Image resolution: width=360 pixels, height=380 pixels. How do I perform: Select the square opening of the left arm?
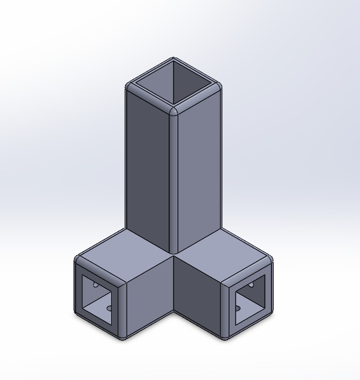(x=100, y=299)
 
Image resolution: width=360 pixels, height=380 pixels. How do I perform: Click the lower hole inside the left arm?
(x=109, y=308)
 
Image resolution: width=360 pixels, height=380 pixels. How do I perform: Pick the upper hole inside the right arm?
(x=252, y=285)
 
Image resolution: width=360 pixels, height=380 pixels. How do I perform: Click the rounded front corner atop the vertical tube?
(x=174, y=111)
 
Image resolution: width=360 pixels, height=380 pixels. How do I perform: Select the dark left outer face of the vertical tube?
(x=147, y=166)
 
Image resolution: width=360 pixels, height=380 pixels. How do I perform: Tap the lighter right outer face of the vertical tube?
(x=199, y=166)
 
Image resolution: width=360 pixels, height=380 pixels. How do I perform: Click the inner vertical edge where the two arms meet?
(x=174, y=288)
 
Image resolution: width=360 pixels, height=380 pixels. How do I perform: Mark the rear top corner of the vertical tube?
(x=174, y=58)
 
